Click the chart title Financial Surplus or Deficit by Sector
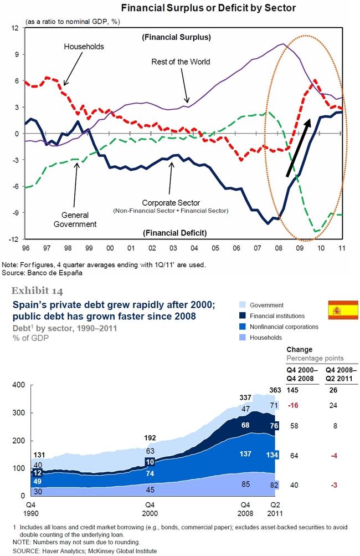208,8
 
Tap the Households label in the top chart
84,47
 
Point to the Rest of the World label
181,62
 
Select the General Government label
75,220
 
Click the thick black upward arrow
299,147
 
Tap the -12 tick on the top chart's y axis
14,239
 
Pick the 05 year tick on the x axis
215,248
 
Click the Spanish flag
343,309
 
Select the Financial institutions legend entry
272,316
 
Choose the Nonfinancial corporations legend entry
279,327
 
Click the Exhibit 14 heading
37,291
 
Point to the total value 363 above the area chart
275,390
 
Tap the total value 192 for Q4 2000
150,438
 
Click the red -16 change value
293,405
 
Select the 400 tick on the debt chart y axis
18,385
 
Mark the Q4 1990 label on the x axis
31,509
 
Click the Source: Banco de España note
42,273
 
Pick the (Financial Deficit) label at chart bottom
174,233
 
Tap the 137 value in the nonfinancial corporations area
245,453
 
